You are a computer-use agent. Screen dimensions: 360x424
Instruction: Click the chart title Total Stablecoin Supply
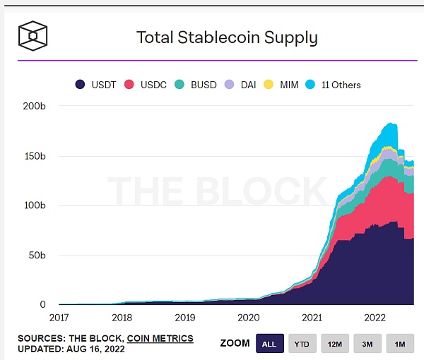(227, 37)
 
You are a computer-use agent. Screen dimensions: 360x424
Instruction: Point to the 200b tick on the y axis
(35, 106)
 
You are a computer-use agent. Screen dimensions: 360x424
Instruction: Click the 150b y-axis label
(35, 156)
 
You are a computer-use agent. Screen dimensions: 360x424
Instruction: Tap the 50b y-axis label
(37, 255)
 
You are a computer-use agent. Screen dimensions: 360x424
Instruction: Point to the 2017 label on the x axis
(59, 318)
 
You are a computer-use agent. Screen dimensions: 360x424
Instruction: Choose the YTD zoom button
(302, 344)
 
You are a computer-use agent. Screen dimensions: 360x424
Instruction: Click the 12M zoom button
(335, 344)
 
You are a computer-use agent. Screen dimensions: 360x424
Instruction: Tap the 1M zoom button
(400, 344)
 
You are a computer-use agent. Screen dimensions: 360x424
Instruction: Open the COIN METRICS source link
(160, 339)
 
